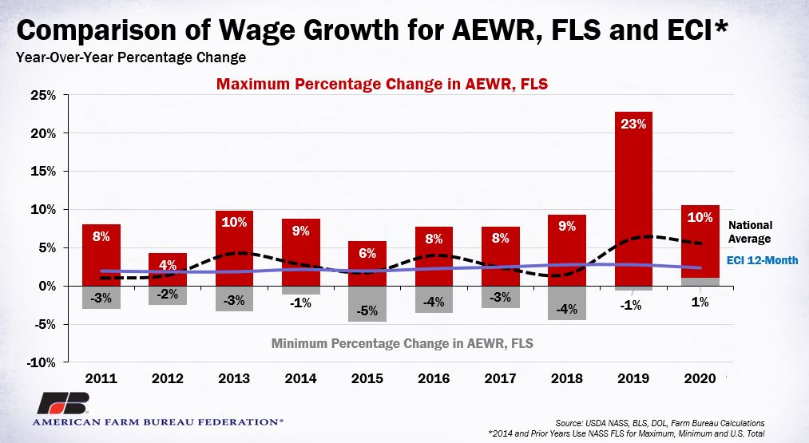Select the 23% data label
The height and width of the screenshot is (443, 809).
(x=633, y=125)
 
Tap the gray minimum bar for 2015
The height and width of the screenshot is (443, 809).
(x=367, y=304)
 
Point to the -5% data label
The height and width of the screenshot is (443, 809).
(x=367, y=311)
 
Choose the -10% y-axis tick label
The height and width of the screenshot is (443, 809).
(x=42, y=362)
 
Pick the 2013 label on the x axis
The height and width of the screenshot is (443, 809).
(x=234, y=378)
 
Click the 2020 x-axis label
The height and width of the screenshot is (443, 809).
(x=700, y=378)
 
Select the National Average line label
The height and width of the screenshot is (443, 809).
(x=750, y=232)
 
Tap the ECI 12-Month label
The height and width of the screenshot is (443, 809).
(x=762, y=260)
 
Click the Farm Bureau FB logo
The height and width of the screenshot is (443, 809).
(x=63, y=403)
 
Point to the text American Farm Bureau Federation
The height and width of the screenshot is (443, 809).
(x=157, y=422)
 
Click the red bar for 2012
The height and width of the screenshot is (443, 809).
(x=167, y=269)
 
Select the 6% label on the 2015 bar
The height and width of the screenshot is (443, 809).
(x=367, y=253)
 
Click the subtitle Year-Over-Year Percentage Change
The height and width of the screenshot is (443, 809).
(x=131, y=57)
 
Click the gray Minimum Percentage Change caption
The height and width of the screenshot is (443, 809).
(x=402, y=343)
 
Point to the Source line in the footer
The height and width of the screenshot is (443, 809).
(x=660, y=423)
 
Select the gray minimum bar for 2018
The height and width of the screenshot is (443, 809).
(x=566, y=303)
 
